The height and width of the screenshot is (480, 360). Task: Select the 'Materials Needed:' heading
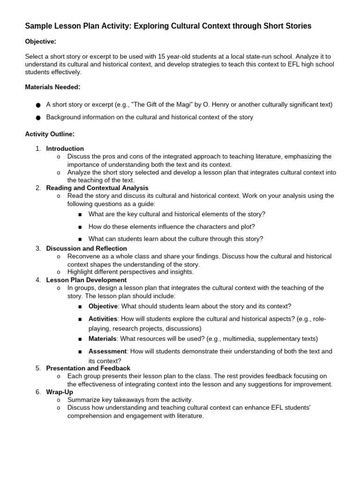coord(52,87)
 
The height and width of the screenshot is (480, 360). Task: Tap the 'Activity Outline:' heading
coord(50,134)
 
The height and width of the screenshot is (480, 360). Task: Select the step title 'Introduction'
coord(65,149)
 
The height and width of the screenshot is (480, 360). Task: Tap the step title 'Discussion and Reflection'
coord(86,248)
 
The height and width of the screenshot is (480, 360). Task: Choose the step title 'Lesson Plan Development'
coord(86,280)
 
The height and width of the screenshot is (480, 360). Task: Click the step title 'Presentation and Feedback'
coord(88,368)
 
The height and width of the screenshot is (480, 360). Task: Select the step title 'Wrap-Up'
coord(60,392)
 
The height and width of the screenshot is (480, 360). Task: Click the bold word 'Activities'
coord(103,319)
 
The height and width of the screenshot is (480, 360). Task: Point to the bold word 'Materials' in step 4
coord(102,338)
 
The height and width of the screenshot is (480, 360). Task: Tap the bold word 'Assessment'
coord(107,351)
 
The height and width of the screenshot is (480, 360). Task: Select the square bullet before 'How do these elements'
coord(80,227)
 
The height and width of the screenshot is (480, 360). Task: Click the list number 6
coord(38,392)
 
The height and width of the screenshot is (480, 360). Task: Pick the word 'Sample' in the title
coord(38,26)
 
